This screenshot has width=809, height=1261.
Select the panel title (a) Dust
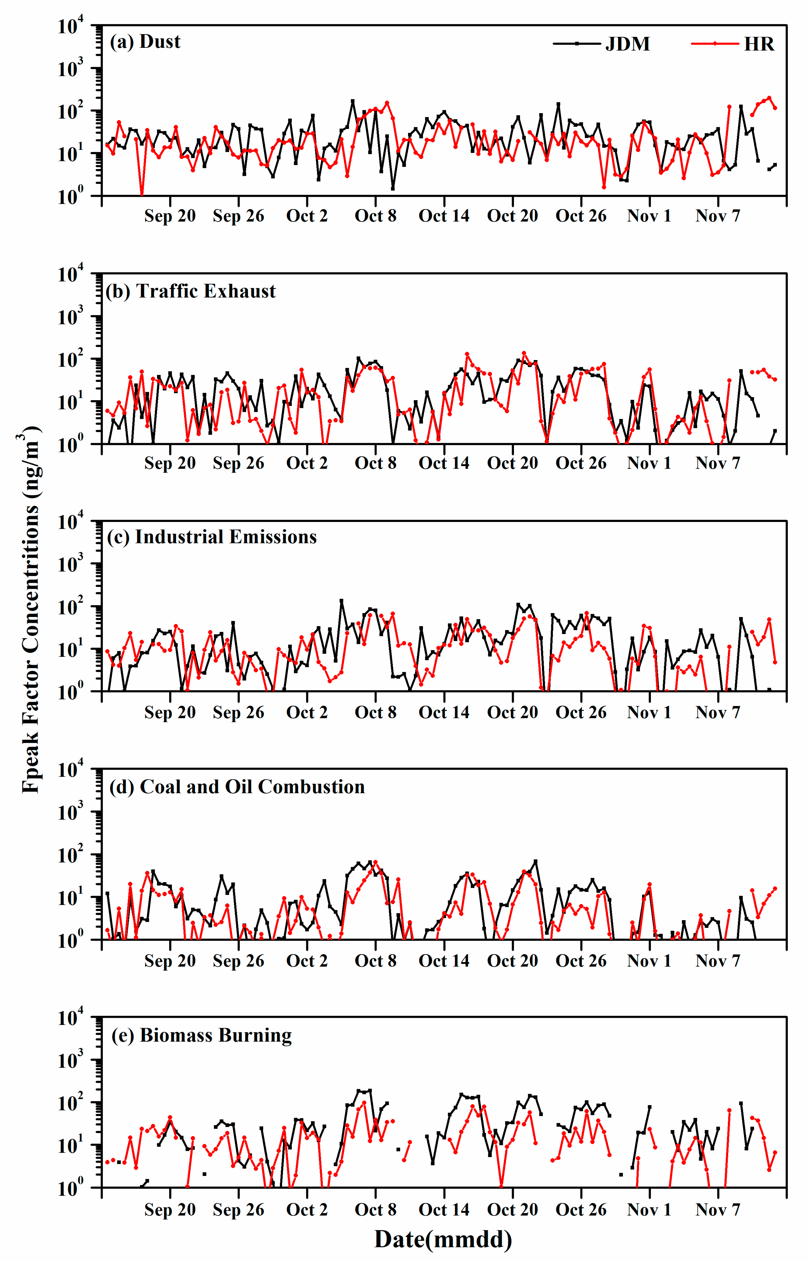coord(145,42)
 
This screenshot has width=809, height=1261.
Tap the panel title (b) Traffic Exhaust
coord(191,291)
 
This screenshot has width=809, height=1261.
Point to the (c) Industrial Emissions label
coord(212,537)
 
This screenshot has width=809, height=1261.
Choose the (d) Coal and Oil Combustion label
coord(237,787)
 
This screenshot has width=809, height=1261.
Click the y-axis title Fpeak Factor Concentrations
coord(30,610)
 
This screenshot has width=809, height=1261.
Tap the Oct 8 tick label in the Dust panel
coord(376,216)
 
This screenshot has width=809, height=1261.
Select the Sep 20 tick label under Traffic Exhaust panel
coord(170,463)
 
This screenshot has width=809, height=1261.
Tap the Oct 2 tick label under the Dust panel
coord(307,216)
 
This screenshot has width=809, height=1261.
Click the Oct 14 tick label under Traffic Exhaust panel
coord(444,463)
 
